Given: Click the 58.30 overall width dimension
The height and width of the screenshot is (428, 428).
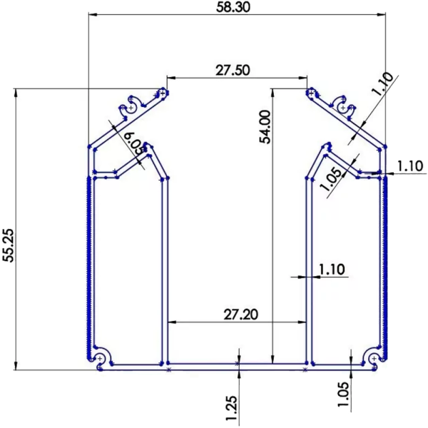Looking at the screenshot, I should (x=236, y=7).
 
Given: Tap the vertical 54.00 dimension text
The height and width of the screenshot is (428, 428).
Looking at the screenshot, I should (x=265, y=127).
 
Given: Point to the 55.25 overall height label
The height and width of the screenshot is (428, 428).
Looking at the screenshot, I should (x=9, y=246).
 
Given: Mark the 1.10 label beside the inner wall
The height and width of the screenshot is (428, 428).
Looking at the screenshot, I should (x=332, y=269).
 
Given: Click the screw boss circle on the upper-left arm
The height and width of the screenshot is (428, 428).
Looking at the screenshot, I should (x=131, y=107).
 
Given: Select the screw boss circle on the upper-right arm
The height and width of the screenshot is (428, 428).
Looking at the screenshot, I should (x=343, y=107).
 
